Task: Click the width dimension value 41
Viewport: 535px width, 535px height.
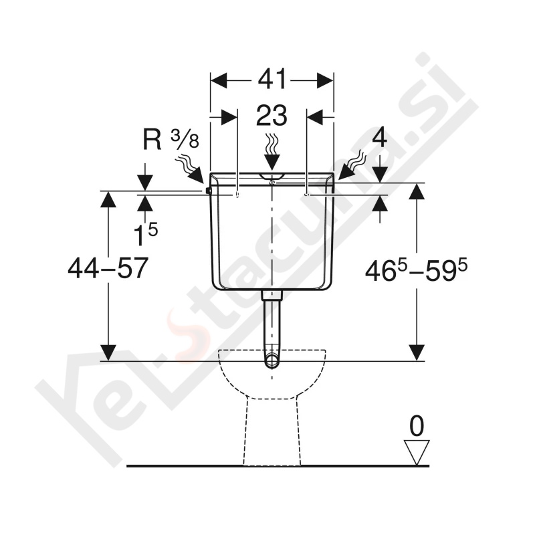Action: (x=272, y=80)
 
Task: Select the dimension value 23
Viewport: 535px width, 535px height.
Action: (x=272, y=116)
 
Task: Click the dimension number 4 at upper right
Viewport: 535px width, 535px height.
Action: (x=379, y=138)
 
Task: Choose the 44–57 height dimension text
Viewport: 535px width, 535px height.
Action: (x=107, y=269)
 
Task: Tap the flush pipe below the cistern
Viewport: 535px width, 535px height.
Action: (x=272, y=321)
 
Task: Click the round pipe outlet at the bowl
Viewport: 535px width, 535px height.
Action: (x=272, y=361)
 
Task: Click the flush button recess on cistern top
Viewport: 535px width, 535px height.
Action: (x=272, y=177)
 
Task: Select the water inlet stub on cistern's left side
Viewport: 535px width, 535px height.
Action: (x=209, y=191)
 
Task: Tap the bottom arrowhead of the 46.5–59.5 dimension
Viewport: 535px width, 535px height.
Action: (x=417, y=352)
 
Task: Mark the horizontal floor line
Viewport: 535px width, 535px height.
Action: (x=201, y=465)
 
